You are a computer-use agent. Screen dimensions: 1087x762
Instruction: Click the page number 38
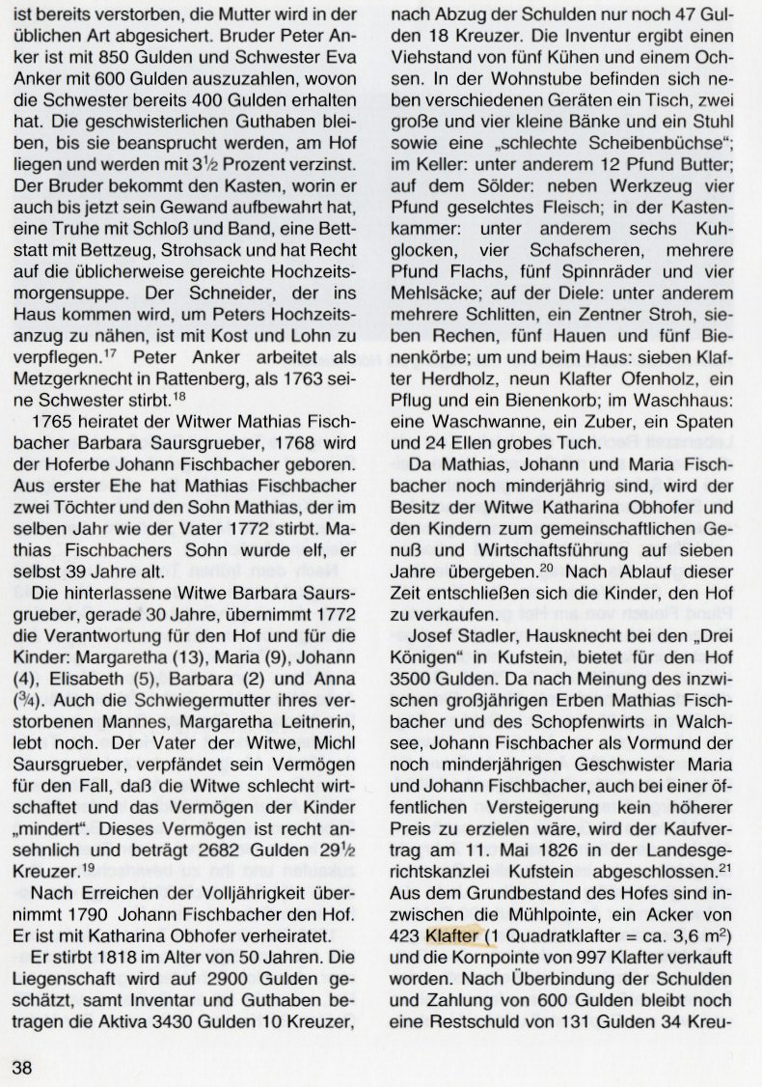tap(21, 1067)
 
